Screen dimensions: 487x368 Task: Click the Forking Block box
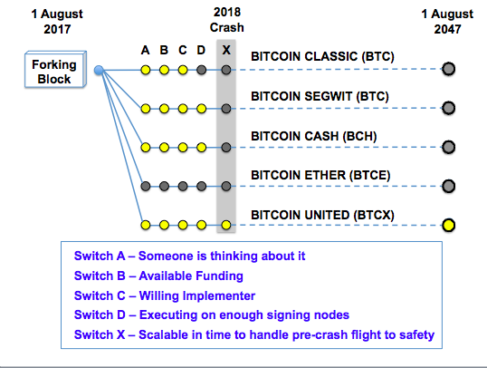[x=55, y=70]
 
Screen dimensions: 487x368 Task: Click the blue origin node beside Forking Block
[x=99, y=71]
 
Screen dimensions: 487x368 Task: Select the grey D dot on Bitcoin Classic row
[x=201, y=70]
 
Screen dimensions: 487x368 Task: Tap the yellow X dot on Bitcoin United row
[x=226, y=225]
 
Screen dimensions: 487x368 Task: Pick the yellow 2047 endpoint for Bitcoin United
[x=448, y=225]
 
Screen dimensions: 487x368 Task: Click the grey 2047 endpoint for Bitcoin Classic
[x=448, y=69]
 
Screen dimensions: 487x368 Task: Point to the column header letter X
[x=226, y=50]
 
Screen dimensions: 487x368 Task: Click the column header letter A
[x=145, y=50]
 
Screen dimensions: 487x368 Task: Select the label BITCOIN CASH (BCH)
[x=314, y=136]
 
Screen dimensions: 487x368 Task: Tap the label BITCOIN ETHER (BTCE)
[x=320, y=175]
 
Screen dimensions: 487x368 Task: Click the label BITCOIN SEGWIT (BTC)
[x=320, y=96]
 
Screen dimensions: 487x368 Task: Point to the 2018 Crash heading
[x=227, y=20]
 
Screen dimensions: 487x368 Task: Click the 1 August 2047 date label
[x=447, y=22]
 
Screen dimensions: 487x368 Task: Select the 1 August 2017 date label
[x=57, y=22]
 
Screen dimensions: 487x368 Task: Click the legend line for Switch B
[x=158, y=276]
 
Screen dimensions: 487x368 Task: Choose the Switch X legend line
[x=254, y=334]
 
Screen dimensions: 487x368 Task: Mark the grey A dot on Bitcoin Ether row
[x=146, y=187]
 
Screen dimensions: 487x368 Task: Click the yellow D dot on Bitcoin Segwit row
[x=201, y=109]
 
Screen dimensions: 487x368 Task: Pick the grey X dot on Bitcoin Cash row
[x=226, y=147]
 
